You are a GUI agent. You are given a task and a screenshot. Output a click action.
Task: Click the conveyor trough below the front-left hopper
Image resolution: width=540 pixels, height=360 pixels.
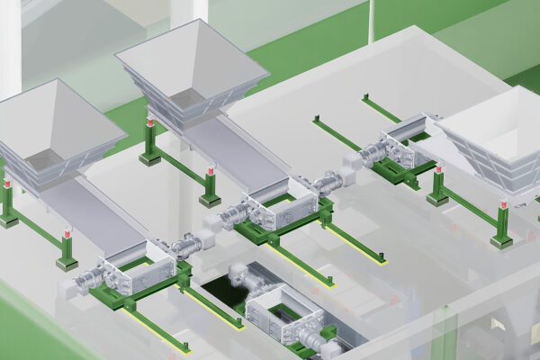pos(94,216)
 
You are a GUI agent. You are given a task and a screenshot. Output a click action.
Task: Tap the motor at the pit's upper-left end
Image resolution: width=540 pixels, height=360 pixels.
pos(241,272)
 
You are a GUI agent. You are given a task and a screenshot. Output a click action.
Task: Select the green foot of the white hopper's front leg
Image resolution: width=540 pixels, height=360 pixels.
pos(500,241)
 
